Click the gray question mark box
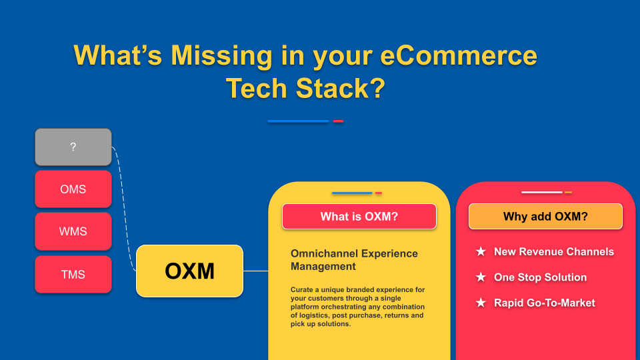coord(73,147)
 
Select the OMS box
coord(73,189)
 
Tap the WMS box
coord(73,231)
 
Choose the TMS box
coord(73,274)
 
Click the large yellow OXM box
coord(190,271)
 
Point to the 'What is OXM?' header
coord(359,216)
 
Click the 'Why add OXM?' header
coord(545,216)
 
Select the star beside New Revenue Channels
coord(481,252)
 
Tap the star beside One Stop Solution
coord(481,277)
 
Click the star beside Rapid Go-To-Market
coord(481,303)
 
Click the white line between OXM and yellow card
coord(256,271)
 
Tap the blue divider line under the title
coord(298,121)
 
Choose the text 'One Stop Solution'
coord(540,277)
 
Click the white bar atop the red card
coord(541,193)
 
